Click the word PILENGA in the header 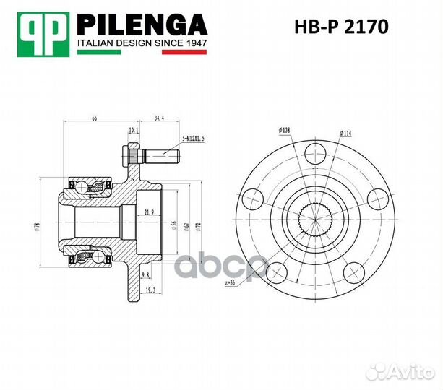coord(142,27)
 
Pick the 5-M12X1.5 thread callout coord(194,138)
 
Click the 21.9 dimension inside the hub coord(149,212)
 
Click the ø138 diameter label coord(283,130)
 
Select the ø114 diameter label coord(345,134)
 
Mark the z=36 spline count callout coord(231,282)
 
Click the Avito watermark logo coord(400,372)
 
